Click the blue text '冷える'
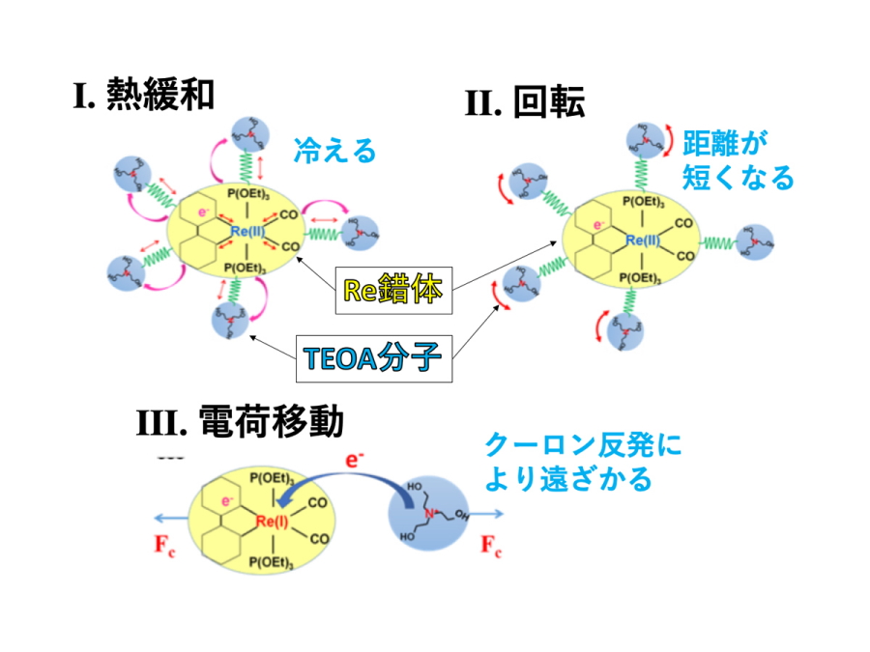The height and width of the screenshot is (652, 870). coord(333,151)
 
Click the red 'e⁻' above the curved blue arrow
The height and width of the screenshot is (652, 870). coord(355,461)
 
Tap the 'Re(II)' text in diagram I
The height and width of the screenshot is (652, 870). coord(249,231)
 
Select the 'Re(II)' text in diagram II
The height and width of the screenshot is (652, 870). coord(641,240)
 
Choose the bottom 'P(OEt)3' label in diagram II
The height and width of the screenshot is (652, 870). coord(642,278)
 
